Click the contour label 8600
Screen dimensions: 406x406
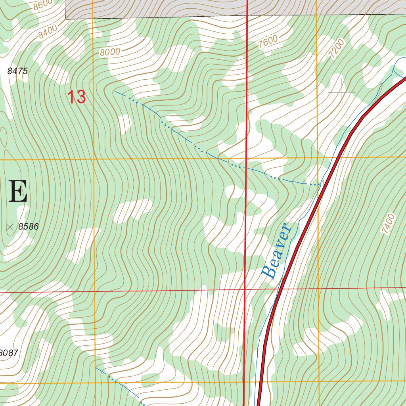click(42, 5)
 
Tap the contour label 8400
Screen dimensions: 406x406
click(48, 30)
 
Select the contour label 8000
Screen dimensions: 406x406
click(109, 52)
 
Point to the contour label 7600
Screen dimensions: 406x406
click(268, 41)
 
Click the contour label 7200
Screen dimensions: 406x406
click(337, 49)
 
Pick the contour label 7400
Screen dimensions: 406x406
click(388, 224)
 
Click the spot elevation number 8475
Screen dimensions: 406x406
click(17, 71)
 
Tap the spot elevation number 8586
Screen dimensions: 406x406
click(29, 227)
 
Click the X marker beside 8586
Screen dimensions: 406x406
click(10, 227)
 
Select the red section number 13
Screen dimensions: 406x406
click(77, 97)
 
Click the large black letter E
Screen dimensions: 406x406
click(18, 192)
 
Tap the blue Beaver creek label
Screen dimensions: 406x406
click(277, 251)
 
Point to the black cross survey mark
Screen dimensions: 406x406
click(342, 92)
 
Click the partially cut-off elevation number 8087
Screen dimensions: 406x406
click(9, 353)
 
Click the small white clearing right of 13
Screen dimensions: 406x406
click(124, 123)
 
